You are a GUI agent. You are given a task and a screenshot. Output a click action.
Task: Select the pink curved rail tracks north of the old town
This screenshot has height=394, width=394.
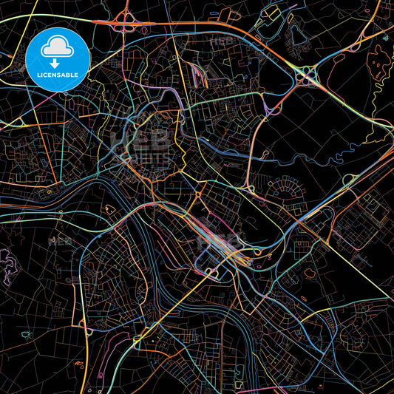tap(197, 74)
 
